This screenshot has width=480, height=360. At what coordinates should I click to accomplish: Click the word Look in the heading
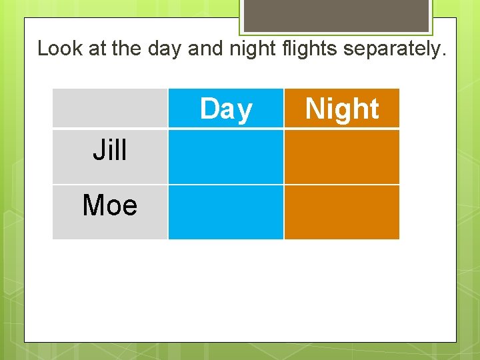click(x=60, y=48)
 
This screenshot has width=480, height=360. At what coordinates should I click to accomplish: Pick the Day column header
click(x=226, y=109)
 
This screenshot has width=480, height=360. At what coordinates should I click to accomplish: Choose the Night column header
click(x=342, y=109)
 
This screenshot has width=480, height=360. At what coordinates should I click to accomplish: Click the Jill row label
click(x=110, y=151)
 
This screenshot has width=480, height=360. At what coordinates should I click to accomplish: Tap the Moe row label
click(x=110, y=205)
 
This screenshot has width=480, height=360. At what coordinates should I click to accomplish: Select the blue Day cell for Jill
click(x=226, y=157)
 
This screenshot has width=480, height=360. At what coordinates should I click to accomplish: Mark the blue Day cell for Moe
click(x=226, y=212)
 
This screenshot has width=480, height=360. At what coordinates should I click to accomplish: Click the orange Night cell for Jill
click(x=342, y=157)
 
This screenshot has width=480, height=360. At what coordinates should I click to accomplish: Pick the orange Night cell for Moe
click(x=342, y=212)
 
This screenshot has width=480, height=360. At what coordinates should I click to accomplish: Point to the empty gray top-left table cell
click(x=110, y=108)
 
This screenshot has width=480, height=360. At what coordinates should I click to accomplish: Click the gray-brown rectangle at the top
click(x=335, y=15)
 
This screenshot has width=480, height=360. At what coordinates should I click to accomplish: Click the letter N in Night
click(x=314, y=109)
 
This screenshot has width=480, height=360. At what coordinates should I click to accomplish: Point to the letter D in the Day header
click(x=209, y=109)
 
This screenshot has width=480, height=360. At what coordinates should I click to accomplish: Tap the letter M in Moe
click(x=92, y=205)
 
